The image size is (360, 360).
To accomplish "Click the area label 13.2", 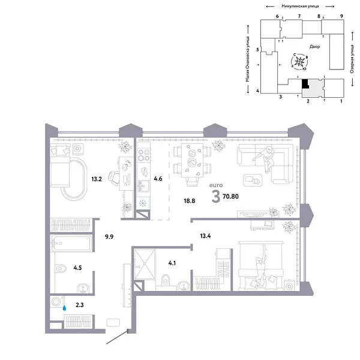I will tap(97, 178).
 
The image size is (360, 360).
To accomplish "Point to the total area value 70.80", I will tap(231, 195).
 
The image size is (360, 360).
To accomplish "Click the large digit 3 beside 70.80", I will tap(215, 196).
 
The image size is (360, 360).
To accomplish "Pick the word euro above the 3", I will tap(215, 187).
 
